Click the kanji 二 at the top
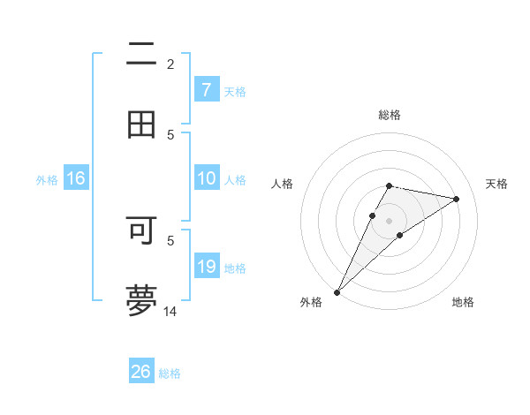coord(141,55)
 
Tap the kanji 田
coord(141,124)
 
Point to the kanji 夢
coord(141,299)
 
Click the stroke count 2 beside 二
coord(170,64)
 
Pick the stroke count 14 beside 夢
coord(170,311)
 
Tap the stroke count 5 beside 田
coord(170,134)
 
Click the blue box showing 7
coord(207,90)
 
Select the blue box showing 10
coord(207,178)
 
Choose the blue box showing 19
coord(207,267)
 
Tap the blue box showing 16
coord(76,178)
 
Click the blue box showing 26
coord(141,372)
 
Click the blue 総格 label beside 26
coord(170,373)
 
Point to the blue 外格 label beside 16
coord(47,180)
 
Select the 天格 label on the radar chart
coord(496,184)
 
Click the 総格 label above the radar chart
coord(390,115)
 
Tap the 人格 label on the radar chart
coord(283,184)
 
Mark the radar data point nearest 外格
coord(337,291)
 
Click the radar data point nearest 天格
coord(457,199)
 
